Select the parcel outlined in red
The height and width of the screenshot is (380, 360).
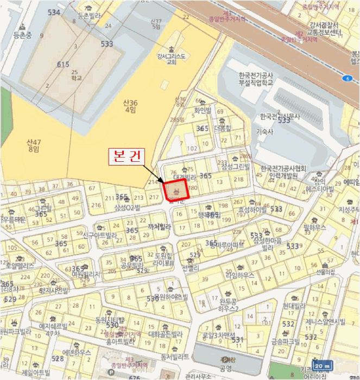click(176, 191)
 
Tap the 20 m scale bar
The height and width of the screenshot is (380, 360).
click(323, 365)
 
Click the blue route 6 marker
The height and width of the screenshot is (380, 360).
click(345, 78)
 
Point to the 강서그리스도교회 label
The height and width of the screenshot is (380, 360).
click(172, 58)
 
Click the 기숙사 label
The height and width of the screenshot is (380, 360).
click(264, 131)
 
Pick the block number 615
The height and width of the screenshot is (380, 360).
click(63, 65)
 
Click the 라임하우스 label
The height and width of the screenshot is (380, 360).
click(240, 275)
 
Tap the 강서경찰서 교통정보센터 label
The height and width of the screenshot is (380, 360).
click(325, 29)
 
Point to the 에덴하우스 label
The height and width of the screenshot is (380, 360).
click(77, 352)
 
